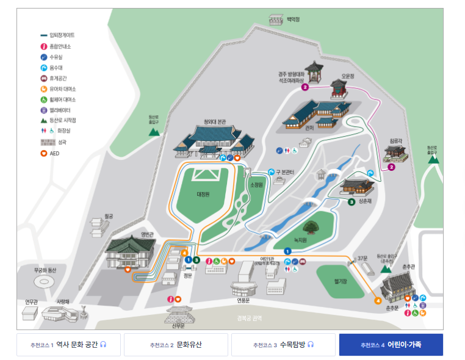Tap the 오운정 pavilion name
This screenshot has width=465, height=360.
pos(348,76)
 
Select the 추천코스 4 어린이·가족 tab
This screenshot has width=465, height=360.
pos(391,345)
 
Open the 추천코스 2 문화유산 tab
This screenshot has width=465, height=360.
pos(176,345)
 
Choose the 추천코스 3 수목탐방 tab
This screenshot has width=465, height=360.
pos(283,345)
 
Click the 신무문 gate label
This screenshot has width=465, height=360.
pos(178,325)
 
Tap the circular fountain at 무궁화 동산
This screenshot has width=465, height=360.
pos(45,283)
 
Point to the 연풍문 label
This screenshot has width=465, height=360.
pos(243,300)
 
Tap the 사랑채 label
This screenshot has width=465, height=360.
pos(63,301)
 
